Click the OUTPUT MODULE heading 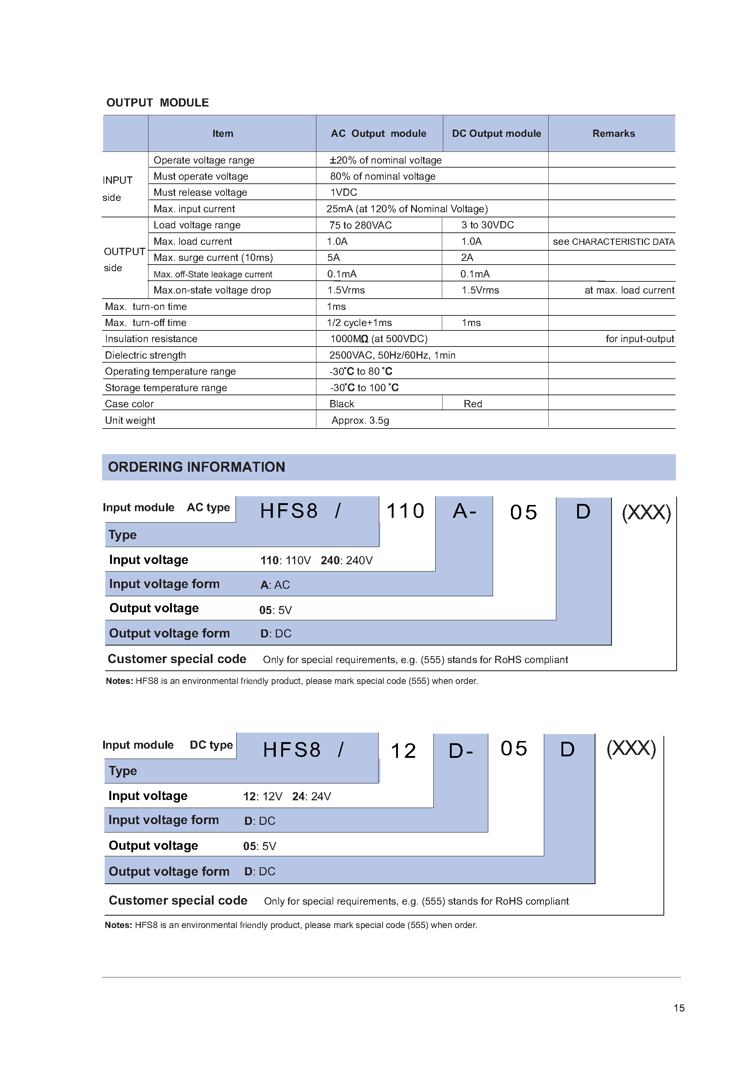tap(157, 102)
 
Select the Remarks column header tap(613, 134)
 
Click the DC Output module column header tap(496, 134)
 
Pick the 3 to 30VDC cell tap(487, 225)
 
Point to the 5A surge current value tap(334, 258)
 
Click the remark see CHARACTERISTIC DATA tap(613, 242)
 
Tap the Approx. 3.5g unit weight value tap(360, 420)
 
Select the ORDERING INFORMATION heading tap(196, 467)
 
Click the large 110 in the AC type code tap(405, 511)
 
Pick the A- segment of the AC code tap(464, 511)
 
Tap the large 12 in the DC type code tap(403, 751)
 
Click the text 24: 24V tap(311, 796)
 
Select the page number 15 tap(679, 1008)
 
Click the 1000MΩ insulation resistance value tap(378, 339)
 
